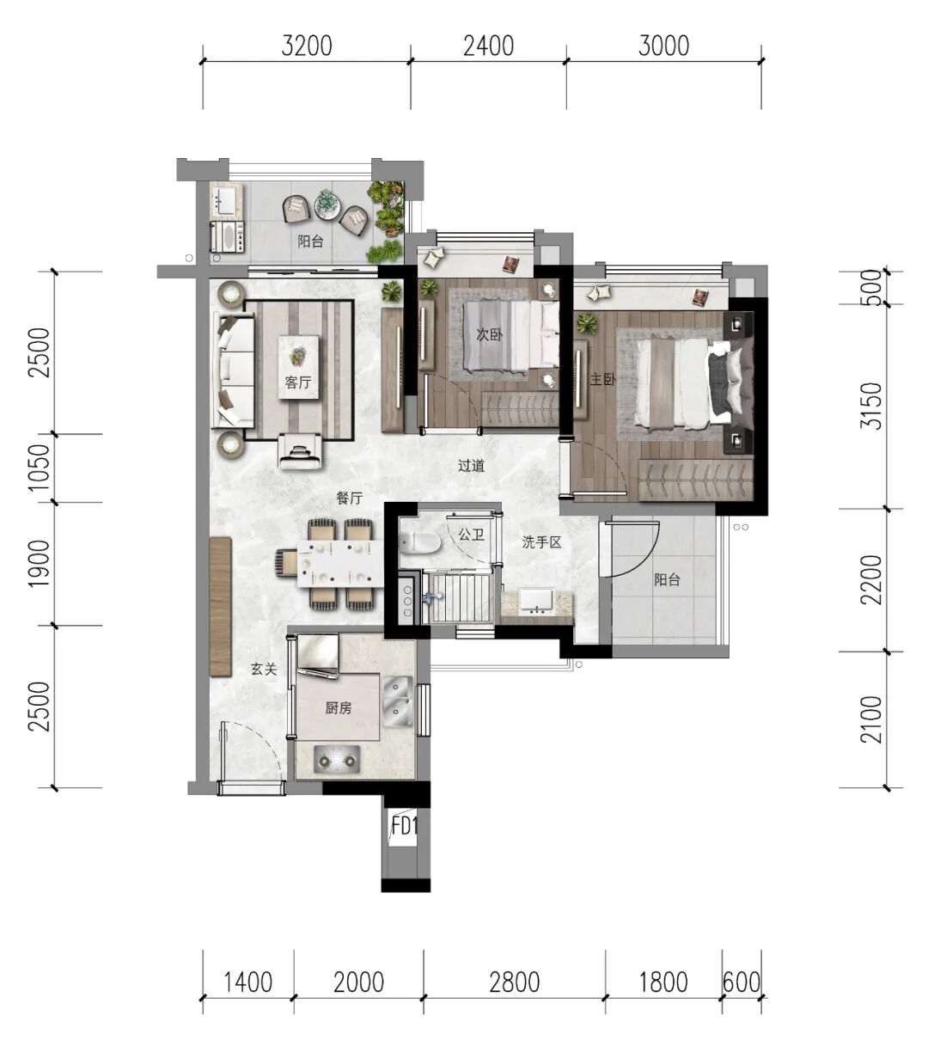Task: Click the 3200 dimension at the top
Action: (307, 46)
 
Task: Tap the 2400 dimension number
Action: (488, 46)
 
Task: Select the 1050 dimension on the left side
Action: (40, 468)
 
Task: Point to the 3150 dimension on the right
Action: (871, 406)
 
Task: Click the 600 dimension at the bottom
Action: (742, 982)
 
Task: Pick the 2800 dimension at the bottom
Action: (515, 982)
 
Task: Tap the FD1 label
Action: (405, 826)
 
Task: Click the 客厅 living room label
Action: (298, 382)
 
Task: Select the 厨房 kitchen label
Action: (339, 708)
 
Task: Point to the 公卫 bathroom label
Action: (471, 535)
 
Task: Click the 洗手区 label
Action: (541, 542)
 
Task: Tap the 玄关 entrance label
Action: (264, 669)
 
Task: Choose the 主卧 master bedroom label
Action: (602, 379)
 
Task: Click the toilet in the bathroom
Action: (420, 541)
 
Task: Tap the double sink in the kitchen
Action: (398, 702)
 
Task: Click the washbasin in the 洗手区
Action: (537, 602)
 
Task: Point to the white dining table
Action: (340, 564)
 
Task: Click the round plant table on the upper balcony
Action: (327, 204)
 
